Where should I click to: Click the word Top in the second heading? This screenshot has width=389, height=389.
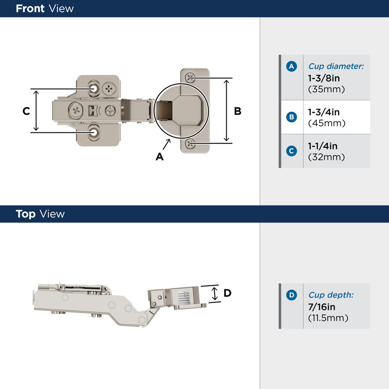(x=25, y=214)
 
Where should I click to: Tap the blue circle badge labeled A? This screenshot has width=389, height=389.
(x=291, y=66)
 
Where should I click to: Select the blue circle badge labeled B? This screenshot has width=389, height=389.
(x=291, y=117)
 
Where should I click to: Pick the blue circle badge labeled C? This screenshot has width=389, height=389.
(x=291, y=151)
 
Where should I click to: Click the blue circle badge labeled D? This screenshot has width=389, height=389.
(x=291, y=295)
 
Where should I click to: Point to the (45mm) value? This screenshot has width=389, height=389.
(x=327, y=124)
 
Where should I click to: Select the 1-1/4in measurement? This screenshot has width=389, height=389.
(x=323, y=146)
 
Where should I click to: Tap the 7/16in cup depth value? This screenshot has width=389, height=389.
(x=321, y=307)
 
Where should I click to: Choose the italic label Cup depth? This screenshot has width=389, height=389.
(x=331, y=295)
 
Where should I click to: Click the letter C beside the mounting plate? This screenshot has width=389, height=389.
(x=26, y=111)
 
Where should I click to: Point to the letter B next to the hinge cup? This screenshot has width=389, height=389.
(x=238, y=111)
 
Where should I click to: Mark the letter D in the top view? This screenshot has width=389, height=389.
(x=227, y=293)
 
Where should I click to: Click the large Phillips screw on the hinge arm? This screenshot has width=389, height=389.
(x=76, y=110)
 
